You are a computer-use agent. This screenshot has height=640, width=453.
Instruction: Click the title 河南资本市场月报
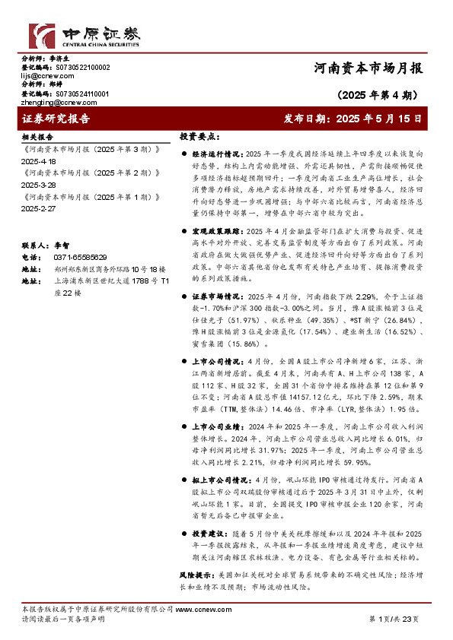pyautogui.click(x=368, y=68)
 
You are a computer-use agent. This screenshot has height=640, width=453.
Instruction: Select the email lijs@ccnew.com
pyautogui.click(x=47, y=75)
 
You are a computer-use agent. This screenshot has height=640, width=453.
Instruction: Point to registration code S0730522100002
pyautogui.click(x=78, y=67)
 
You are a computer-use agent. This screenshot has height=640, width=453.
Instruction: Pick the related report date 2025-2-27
pyautogui.click(x=40, y=208)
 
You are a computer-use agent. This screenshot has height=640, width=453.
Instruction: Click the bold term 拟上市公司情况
pyautogui.click(x=222, y=480)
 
